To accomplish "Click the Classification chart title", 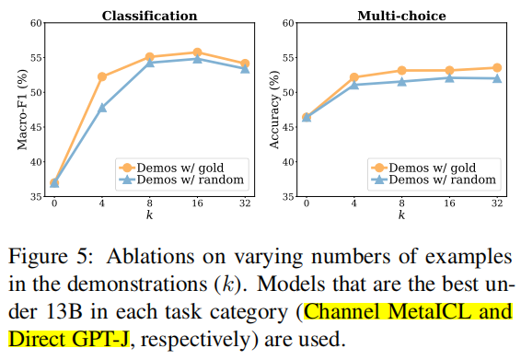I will (149, 16).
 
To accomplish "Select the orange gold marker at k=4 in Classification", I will (101, 76).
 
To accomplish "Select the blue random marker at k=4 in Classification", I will (101, 107).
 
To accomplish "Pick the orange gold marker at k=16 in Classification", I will (196, 52).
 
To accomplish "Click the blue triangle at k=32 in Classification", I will (244, 68).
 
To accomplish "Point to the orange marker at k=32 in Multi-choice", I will (496, 67).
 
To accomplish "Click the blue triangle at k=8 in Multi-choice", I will (400, 81).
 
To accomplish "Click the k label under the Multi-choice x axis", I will (400, 215).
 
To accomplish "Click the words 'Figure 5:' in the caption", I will (55, 254).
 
